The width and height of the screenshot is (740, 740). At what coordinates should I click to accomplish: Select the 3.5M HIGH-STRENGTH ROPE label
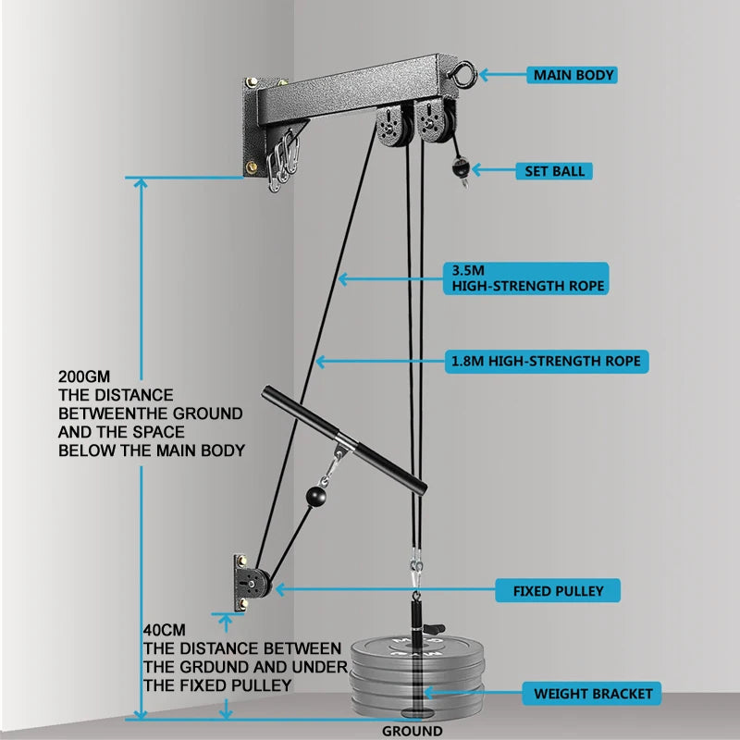click(x=527, y=278)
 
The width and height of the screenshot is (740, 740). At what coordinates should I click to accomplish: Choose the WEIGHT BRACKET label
click(x=593, y=693)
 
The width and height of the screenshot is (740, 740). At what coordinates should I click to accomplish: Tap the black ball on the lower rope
click(x=314, y=497)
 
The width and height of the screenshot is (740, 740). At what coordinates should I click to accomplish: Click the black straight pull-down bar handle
click(x=342, y=441)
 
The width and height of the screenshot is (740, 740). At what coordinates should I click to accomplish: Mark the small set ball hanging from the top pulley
click(x=461, y=169)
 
